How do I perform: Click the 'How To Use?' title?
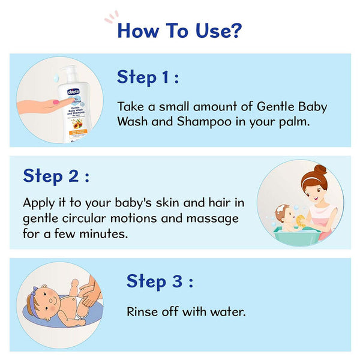pyautogui.click(x=179, y=29)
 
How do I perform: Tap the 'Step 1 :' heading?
pyautogui.click(x=148, y=77)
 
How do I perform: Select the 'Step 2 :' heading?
pyautogui.click(x=56, y=176)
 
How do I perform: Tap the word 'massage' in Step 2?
pyautogui.click(x=208, y=217)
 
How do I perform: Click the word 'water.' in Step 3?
pyautogui.click(x=227, y=312)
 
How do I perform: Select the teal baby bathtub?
pyautogui.click(x=295, y=233)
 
